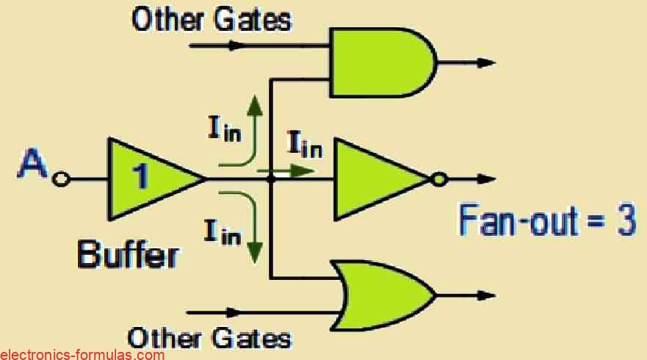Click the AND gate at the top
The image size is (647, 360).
click(382, 62)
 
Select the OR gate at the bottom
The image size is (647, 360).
click(382, 295)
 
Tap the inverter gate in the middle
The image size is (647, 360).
click(378, 179)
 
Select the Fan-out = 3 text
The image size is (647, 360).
click(547, 220)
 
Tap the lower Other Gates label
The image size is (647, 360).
click(209, 339)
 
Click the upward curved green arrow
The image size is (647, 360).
click(246, 132)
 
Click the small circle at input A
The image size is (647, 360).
click(62, 179)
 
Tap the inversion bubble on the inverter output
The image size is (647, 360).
click(438, 179)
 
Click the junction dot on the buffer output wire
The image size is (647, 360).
click(272, 179)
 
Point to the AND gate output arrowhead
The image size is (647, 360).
click(486, 63)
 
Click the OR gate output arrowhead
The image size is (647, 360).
click(486, 295)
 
